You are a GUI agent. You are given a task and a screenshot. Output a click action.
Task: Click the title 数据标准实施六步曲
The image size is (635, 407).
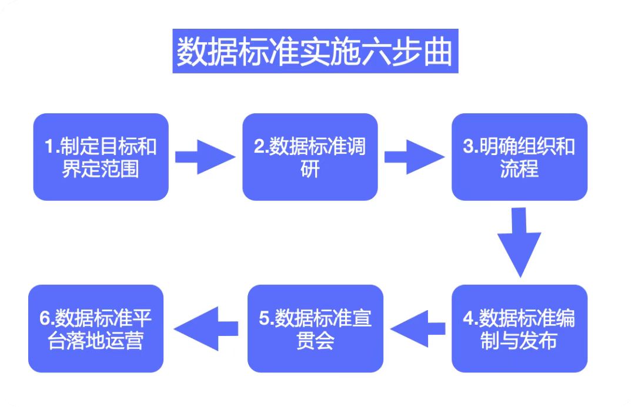(x=315, y=52)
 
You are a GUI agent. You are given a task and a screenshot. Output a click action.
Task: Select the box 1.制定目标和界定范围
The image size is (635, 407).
(x=101, y=157)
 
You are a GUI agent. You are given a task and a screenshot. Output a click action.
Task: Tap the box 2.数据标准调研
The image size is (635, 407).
(x=310, y=157)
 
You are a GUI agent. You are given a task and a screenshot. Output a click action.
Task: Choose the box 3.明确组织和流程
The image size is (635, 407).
(x=519, y=157)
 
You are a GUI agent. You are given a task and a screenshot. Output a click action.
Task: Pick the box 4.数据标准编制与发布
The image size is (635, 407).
(x=519, y=328)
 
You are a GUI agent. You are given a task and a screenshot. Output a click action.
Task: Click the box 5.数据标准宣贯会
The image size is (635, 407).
(x=315, y=328)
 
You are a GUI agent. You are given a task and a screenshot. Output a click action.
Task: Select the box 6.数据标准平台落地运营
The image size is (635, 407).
(x=96, y=328)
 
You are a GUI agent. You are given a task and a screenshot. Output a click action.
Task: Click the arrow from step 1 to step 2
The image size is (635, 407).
(x=204, y=157)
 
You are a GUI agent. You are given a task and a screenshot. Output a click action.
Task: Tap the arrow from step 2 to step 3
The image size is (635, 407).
(x=413, y=157)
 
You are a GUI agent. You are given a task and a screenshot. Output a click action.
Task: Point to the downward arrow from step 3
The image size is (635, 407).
(x=519, y=241)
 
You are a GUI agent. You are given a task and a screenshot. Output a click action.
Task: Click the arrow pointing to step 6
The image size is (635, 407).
(x=206, y=328)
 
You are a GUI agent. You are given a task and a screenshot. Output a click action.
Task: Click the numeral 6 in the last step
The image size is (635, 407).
(x=45, y=318)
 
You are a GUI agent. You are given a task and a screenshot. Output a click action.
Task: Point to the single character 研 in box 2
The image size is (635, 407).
(x=310, y=169)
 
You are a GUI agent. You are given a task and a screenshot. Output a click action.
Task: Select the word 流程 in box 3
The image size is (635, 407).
(x=519, y=169)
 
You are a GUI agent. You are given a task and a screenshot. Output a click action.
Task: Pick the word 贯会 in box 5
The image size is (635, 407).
(x=315, y=341)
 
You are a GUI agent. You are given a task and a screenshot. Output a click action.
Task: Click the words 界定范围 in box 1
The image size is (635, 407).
(x=101, y=169)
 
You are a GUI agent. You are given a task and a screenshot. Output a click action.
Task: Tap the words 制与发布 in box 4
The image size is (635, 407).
(x=519, y=341)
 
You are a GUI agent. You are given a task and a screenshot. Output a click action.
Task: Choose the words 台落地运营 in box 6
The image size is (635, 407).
(x=96, y=341)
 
